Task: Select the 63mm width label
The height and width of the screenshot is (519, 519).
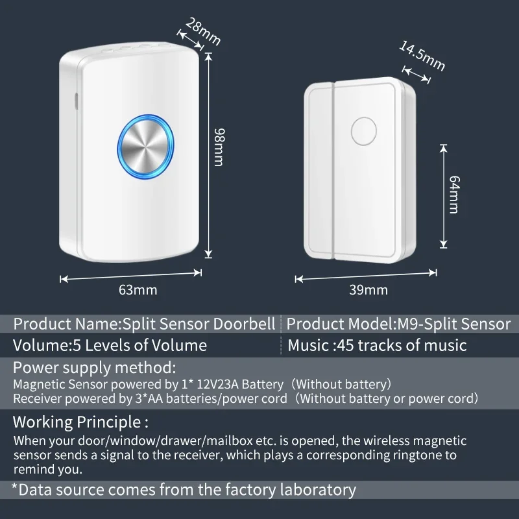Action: click(x=138, y=290)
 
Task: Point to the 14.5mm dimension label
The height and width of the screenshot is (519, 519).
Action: click(x=422, y=57)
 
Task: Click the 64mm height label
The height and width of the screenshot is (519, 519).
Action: click(x=452, y=195)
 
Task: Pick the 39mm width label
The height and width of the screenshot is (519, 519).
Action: click(x=368, y=290)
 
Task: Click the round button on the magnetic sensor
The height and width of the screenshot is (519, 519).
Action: click(x=365, y=130)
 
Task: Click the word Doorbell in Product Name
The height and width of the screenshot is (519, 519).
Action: click(x=249, y=324)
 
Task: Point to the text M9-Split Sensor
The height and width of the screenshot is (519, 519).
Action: click(x=454, y=324)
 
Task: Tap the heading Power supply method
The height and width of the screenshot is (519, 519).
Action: click(x=95, y=367)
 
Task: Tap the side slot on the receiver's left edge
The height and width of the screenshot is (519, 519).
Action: click(x=74, y=101)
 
